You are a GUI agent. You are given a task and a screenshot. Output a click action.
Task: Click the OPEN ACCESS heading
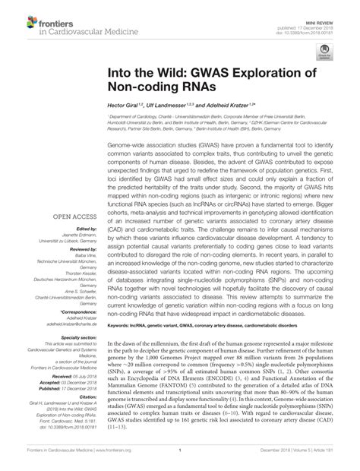[x=74, y=217]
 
